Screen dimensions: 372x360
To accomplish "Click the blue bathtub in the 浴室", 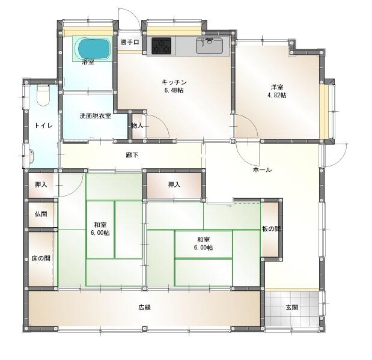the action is pyautogui.click(x=94, y=49).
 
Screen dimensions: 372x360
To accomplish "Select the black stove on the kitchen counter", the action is pyautogui.click(x=161, y=45).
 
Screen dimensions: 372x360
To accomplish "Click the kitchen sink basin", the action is pyautogui.click(x=209, y=46).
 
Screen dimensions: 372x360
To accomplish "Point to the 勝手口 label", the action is pyautogui.click(x=130, y=42).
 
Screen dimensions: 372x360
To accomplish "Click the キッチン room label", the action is pyautogui.click(x=174, y=82).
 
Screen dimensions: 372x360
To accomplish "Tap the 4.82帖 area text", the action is pyautogui.click(x=277, y=95).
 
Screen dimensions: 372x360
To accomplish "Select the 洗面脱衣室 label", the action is pyautogui.click(x=96, y=116).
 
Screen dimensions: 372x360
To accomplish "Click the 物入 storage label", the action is pyautogui.click(x=138, y=126).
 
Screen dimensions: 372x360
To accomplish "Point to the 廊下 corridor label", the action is pyautogui.click(x=132, y=155).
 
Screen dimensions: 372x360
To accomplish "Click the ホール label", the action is pyautogui.click(x=262, y=169).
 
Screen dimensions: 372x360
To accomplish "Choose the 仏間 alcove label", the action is pyautogui.click(x=41, y=214).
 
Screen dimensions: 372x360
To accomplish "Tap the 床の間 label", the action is pyautogui.click(x=41, y=258).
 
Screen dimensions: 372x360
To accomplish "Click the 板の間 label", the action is pyautogui.click(x=272, y=229).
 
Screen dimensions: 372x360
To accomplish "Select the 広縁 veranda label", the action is pyautogui.click(x=145, y=308).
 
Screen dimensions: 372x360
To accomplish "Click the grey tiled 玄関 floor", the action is pyautogui.click(x=292, y=308).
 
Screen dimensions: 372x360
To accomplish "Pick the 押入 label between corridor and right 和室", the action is pyautogui.click(x=174, y=185).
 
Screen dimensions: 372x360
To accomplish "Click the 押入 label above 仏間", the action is pyautogui.click(x=41, y=185).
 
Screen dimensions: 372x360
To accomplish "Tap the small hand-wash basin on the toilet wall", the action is pyautogui.click(x=32, y=156).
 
